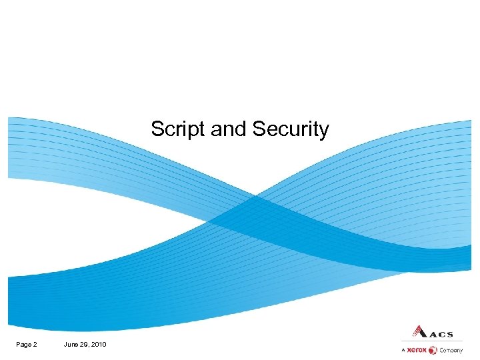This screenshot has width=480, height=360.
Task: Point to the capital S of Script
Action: (x=157, y=129)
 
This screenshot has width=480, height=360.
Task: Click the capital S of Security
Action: (x=258, y=129)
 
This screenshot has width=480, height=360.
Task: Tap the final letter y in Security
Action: (x=324, y=131)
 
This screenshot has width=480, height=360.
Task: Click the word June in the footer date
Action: (x=71, y=344)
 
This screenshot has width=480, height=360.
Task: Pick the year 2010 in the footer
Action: (x=99, y=344)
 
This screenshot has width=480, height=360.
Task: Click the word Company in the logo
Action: (x=451, y=350)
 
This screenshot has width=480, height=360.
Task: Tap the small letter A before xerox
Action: (x=403, y=350)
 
